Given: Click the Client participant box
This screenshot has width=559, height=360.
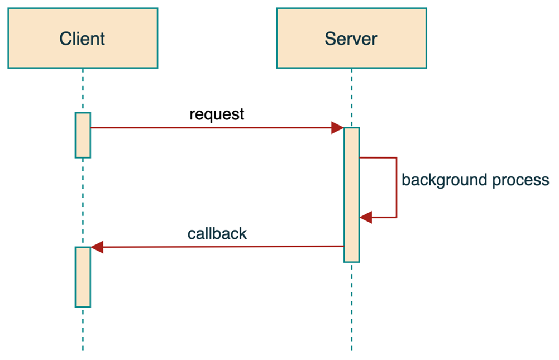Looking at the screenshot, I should pyautogui.click(x=83, y=38).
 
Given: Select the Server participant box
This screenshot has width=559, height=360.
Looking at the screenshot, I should pyautogui.click(x=351, y=38).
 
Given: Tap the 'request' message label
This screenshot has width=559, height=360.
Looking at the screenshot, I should pyautogui.click(x=217, y=114).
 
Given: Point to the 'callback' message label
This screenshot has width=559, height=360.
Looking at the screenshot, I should pyautogui.click(x=217, y=233).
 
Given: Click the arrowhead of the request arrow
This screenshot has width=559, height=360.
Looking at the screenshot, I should pyautogui.click(x=337, y=128).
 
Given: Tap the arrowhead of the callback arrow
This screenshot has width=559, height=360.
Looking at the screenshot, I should pyautogui.click(x=97, y=247).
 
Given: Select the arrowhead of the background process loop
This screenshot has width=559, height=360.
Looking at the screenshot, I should pyautogui.click(x=366, y=217).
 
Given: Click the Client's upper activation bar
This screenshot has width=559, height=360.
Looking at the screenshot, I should pyautogui.click(x=83, y=135).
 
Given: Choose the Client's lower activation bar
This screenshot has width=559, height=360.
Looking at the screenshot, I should pyautogui.click(x=83, y=277).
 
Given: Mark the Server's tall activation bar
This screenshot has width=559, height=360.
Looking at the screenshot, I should pyautogui.click(x=351, y=195).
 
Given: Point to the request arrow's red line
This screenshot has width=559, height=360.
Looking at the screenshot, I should pyautogui.click(x=212, y=128).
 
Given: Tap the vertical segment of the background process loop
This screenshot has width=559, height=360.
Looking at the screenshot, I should pyautogui.click(x=396, y=188).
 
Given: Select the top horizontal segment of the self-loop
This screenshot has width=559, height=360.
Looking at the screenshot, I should pyautogui.click(x=378, y=158).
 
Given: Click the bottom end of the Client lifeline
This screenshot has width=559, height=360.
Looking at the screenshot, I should pyautogui.click(x=83, y=348).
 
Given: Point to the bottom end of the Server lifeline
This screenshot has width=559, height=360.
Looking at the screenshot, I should pyautogui.click(x=351, y=348).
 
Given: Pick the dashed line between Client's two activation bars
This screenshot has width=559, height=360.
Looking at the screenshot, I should pyautogui.click(x=83, y=202).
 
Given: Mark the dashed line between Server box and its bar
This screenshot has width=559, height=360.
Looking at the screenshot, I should pyautogui.click(x=351, y=98).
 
